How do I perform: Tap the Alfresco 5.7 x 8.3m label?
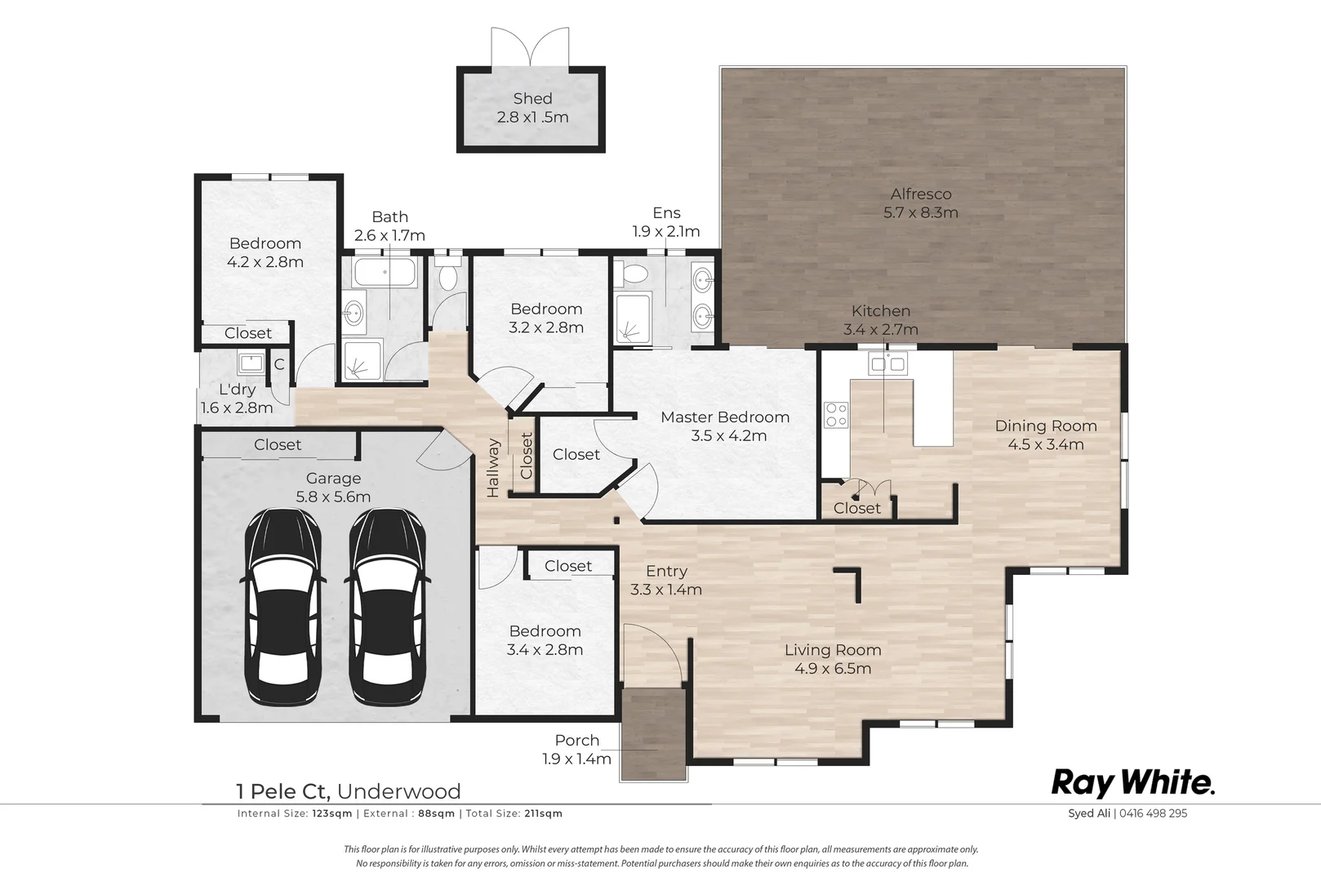point(920,203)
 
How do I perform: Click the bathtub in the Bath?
point(385,272)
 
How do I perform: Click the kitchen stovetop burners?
point(836,415)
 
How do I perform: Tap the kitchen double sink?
point(887,363)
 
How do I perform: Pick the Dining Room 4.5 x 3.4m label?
point(1045,434)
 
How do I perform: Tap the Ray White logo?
point(1132,783)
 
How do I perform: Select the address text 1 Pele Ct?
point(282,791)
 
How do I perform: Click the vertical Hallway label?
point(494,467)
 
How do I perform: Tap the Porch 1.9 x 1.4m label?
point(576,749)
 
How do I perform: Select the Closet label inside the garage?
point(278,445)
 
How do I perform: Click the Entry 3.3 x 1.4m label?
point(666,580)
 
